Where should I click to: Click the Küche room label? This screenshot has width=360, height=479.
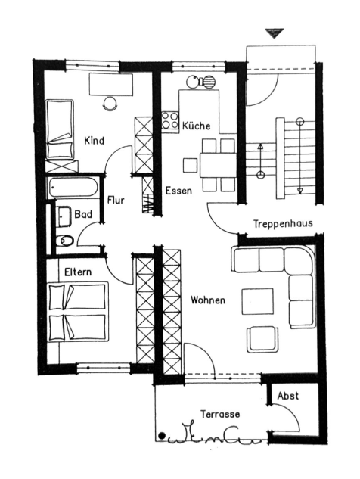click(197, 126)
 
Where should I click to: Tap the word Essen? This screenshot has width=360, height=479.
click(178, 191)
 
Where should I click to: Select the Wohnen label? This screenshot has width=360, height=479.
click(208, 300)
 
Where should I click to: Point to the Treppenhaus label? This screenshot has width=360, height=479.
click(283, 223)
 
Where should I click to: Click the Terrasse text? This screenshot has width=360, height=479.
click(220, 414)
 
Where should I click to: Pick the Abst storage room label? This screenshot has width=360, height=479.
click(288, 396)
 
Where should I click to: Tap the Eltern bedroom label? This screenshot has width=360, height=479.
click(78, 272)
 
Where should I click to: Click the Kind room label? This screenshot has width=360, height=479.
click(94, 141)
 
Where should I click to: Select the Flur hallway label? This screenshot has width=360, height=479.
click(116, 200)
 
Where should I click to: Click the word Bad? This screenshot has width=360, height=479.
click(83, 214)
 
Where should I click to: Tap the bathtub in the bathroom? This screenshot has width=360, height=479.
click(73, 187)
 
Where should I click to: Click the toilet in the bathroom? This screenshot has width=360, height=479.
click(65, 241)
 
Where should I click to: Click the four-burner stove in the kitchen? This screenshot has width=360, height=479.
click(170, 120)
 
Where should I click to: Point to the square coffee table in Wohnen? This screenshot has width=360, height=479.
click(257, 301)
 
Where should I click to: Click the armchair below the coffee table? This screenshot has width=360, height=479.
click(262, 339)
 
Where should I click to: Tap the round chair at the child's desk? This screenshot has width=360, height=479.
click(110, 103)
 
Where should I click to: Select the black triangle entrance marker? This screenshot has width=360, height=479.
click(275, 33)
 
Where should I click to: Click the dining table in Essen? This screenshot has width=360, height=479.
click(218, 165)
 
